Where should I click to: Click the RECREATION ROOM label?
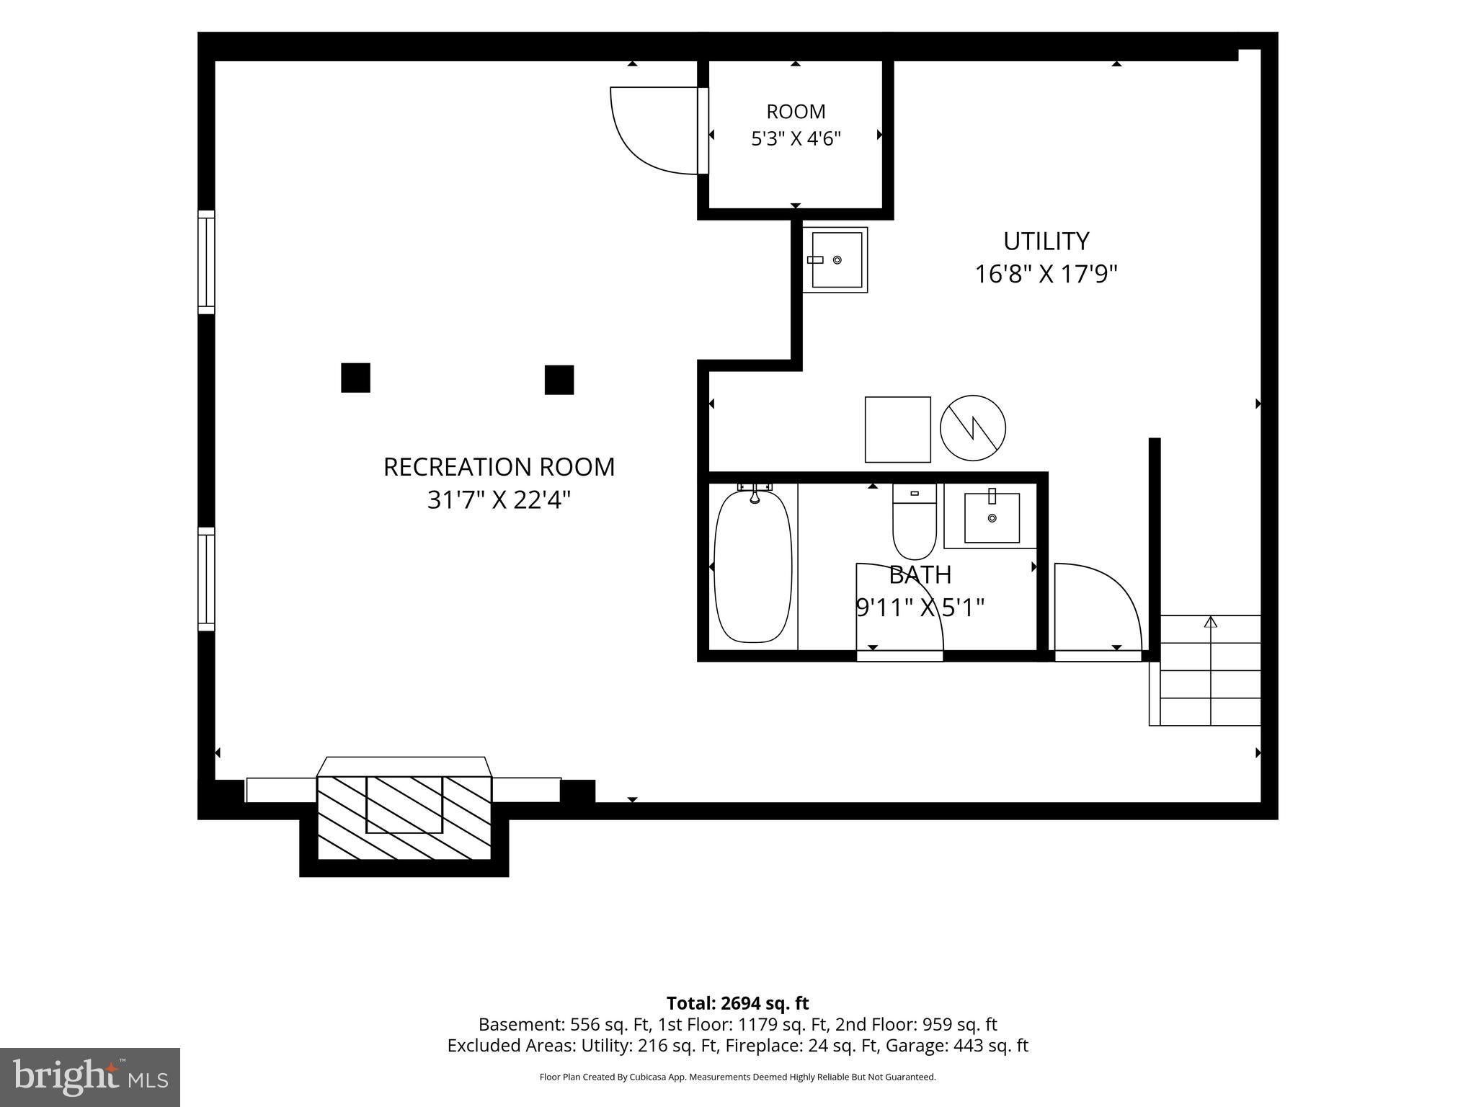tap(499, 467)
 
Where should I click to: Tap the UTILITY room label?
tap(1046, 241)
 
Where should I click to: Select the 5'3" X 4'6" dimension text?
tap(796, 138)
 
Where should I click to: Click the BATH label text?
tap(920, 575)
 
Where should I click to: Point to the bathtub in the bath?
tap(752, 566)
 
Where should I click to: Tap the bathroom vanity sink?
tap(991, 516)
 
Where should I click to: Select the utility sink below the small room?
tap(835, 260)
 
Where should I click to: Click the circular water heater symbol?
tap(973, 428)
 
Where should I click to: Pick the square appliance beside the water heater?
tap(898, 430)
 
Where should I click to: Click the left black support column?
tap(355, 378)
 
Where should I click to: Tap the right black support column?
tap(559, 380)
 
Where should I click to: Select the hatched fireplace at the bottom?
tap(404, 817)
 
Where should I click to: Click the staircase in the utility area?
tap(1205, 670)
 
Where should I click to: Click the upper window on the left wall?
tap(206, 262)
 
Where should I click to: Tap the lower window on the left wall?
tap(206, 579)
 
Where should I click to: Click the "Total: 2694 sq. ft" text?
tap(737, 1003)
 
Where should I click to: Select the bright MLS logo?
tap(90, 1077)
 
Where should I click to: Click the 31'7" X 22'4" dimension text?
tap(499, 500)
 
